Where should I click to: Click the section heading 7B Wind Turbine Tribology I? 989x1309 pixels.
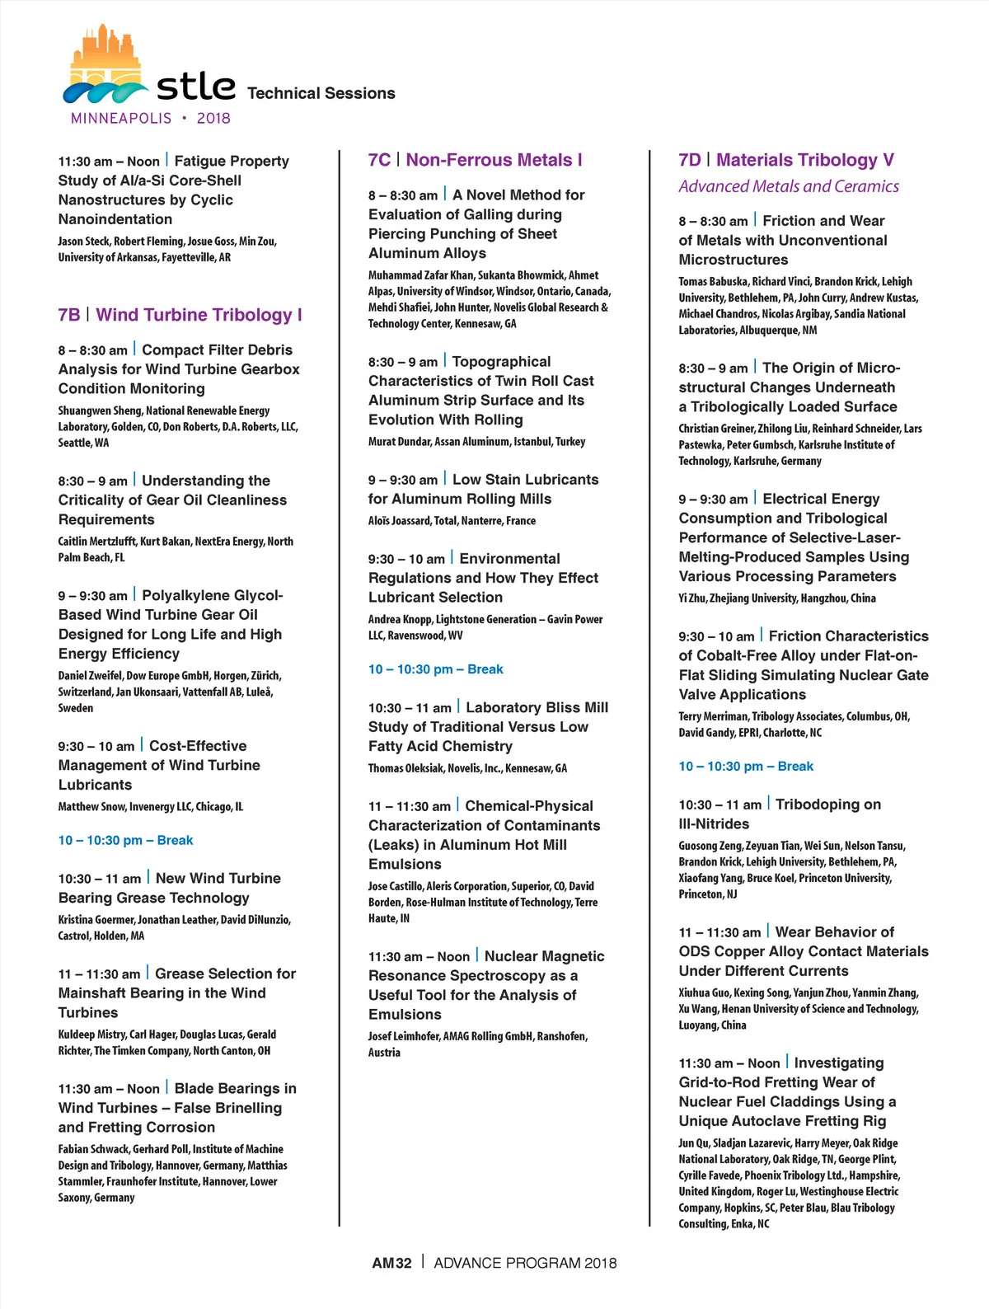180,315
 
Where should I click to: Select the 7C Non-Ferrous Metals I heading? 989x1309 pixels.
475,160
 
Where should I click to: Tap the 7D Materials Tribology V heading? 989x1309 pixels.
785,160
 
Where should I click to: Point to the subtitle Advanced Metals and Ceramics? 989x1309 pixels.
788,186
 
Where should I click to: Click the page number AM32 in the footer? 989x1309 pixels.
391,1263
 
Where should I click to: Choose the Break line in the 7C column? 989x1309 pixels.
435,669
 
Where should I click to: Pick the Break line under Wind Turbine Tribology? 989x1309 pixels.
125,840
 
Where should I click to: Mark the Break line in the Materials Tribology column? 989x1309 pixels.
745,766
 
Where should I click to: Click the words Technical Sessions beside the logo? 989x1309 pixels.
321,93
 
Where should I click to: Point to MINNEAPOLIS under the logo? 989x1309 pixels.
121,118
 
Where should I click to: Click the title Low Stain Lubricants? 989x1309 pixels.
525,480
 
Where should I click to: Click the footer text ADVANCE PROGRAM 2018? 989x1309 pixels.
525,1263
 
